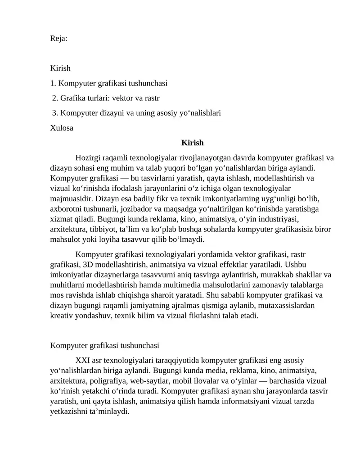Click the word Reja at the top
(x=58, y=39)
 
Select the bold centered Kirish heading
(x=193, y=143)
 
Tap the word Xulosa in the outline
(x=62, y=127)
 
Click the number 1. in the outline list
(x=53, y=83)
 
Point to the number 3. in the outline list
(x=55, y=113)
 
